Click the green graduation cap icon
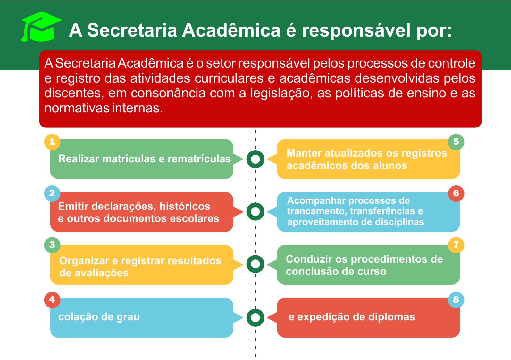42,27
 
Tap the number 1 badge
52,142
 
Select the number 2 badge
52,193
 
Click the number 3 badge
52,245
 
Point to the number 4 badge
52,299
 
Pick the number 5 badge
456,142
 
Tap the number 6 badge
456,193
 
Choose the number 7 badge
456,245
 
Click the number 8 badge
456,299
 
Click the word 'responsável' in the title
356,31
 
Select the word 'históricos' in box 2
185,206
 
